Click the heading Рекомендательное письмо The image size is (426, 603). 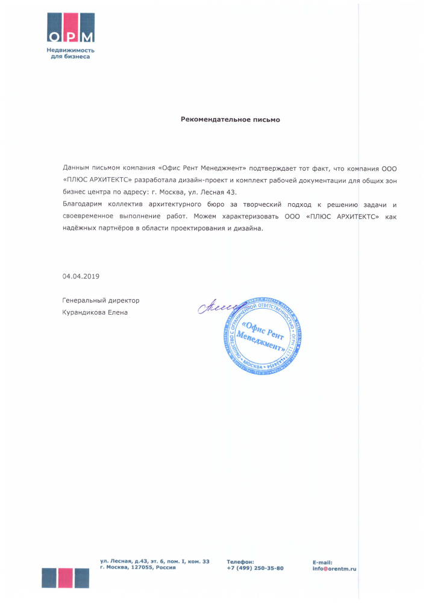coord(230,119)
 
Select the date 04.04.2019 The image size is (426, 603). coord(81,276)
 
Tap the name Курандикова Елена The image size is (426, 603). coord(95,312)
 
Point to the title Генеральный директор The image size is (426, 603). coord(101,300)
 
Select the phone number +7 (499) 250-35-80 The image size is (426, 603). coord(255,568)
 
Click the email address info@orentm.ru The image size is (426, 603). coord(334,568)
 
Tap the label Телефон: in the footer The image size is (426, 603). coord(240,561)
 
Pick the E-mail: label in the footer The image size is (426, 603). coord(322,562)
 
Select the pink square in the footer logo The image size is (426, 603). coord(65,577)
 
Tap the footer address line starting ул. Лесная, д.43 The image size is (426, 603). coord(155,561)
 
